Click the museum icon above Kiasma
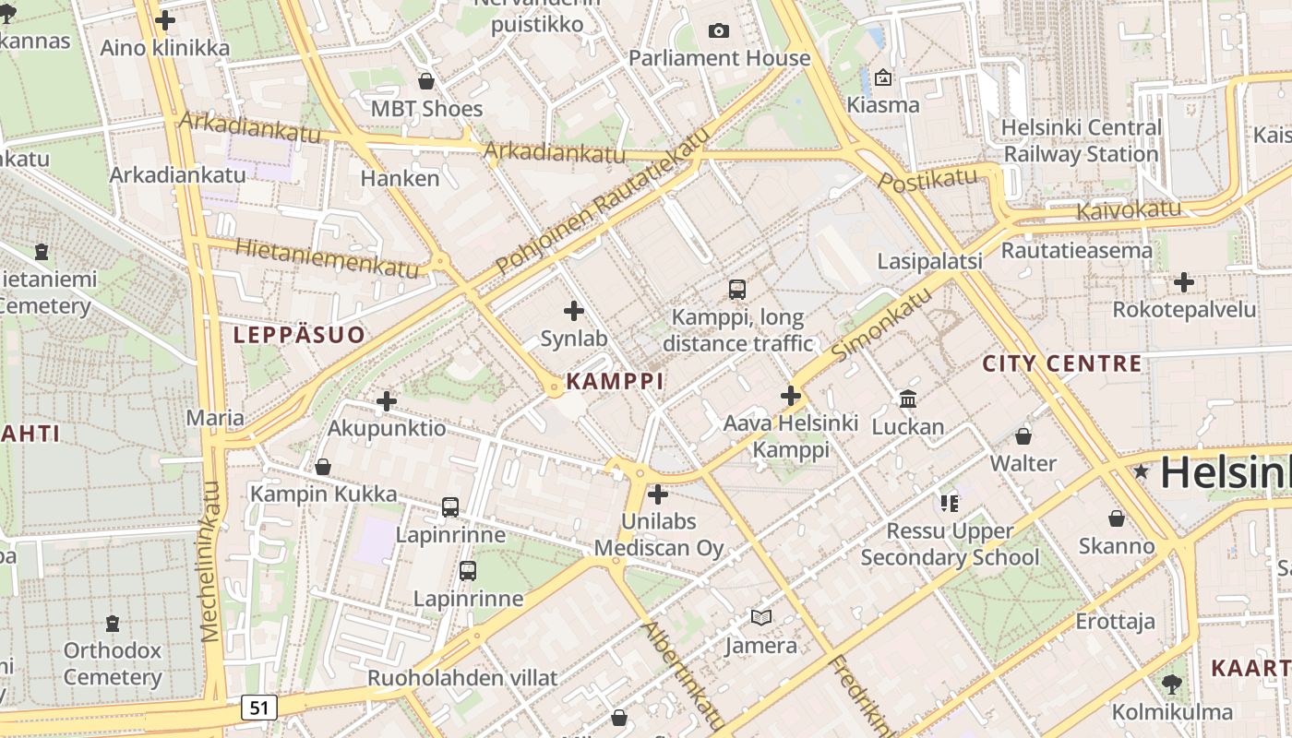[x=883, y=77]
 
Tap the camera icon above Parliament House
[x=719, y=30]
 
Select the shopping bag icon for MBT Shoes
[x=426, y=81]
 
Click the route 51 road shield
[x=259, y=708]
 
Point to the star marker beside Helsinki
[x=1142, y=471]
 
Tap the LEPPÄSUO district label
[x=299, y=335]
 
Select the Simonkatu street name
[x=881, y=323]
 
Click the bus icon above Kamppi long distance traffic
[x=736, y=290]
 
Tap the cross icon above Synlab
[x=574, y=311]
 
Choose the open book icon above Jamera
[x=760, y=618]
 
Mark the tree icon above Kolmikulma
[x=1171, y=684]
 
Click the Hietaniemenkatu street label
[x=328, y=258]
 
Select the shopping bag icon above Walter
[x=1023, y=435]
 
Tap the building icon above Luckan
[x=908, y=399]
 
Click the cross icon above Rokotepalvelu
[x=1184, y=282]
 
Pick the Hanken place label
[x=400, y=178]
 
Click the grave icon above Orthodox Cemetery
[x=113, y=624]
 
